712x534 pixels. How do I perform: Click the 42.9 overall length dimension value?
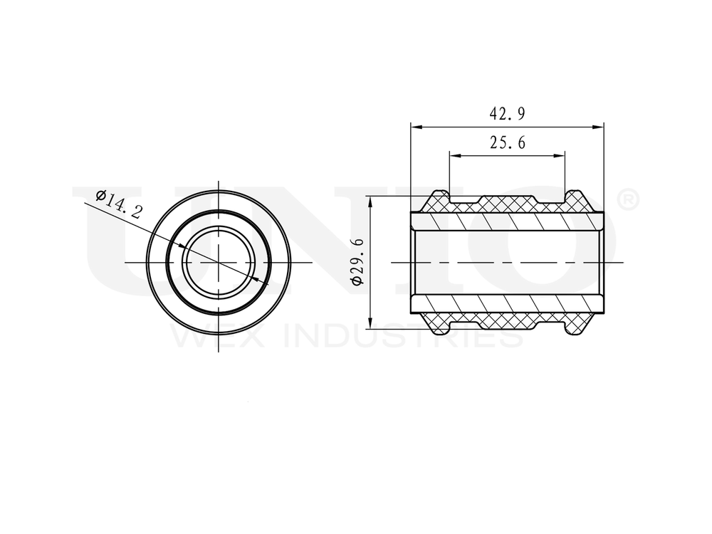tap(507, 114)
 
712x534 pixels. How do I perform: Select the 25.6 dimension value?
tap(507, 143)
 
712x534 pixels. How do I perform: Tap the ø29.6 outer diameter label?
tap(357, 262)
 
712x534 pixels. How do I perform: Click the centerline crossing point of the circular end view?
tap(218, 263)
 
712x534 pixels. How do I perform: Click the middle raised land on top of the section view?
tap(507, 200)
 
